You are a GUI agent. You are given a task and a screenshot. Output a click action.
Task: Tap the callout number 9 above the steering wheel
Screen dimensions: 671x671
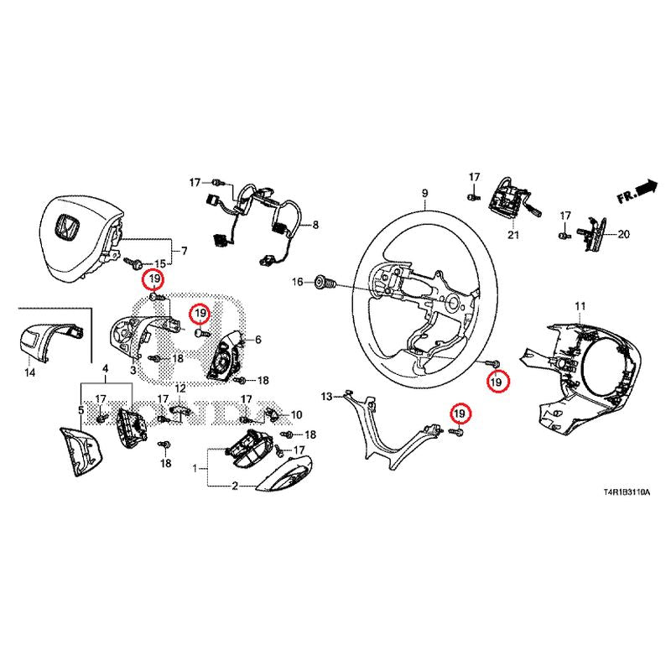(x=425, y=194)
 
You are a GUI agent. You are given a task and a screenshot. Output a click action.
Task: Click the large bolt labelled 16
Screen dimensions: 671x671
(x=325, y=283)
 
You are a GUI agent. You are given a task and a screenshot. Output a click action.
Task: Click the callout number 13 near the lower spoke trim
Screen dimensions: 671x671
(x=328, y=394)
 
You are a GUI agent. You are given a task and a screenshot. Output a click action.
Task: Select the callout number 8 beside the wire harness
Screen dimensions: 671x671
(x=316, y=225)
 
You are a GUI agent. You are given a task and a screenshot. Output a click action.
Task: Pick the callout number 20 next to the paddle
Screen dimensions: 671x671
(x=622, y=234)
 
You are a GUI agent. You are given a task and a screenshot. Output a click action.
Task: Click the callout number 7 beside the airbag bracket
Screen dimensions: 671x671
(x=185, y=250)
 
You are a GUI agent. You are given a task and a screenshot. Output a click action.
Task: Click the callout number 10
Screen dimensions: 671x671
(x=295, y=414)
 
